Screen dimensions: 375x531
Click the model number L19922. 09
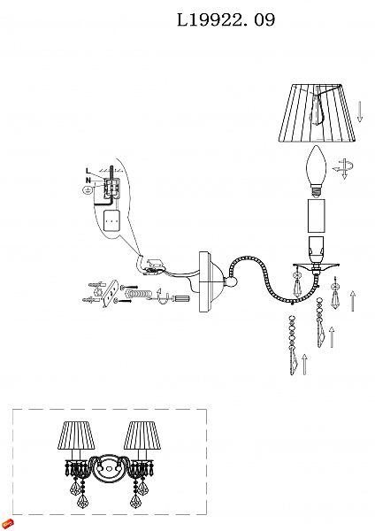tap(226, 20)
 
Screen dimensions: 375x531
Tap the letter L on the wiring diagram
tap(88, 171)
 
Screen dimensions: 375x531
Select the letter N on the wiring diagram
tap(88, 181)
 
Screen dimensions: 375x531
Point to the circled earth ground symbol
tap(87, 190)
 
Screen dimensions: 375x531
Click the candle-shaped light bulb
tap(316, 172)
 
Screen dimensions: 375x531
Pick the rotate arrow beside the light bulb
tap(343, 168)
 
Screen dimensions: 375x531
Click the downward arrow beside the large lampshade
tap(360, 112)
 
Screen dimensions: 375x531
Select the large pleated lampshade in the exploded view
tap(318, 113)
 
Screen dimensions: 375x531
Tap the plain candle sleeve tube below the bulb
tap(316, 216)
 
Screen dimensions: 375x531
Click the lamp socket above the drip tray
tap(316, 250)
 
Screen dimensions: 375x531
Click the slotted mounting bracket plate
tap(110, 294)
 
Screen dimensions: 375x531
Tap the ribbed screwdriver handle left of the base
tap(181, 299)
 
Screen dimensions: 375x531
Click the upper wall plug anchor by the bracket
tap(96, 284)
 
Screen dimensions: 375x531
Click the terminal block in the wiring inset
tap(111, 188)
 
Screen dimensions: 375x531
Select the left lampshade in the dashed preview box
tap(75, 435)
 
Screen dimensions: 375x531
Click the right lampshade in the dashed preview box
tap(142, 435)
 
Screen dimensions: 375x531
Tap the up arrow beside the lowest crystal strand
tap(304, 364)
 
